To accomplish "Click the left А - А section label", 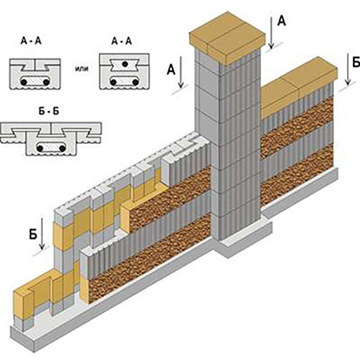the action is (31, 41).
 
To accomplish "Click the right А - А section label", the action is (121, 41).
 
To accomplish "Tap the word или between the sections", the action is (82, 69).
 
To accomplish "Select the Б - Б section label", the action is (49, 111).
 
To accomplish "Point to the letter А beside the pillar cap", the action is (281, 21).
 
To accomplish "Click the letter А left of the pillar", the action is (171, 69).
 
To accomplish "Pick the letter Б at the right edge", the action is (357, 62).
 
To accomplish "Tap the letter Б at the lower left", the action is (33, 234).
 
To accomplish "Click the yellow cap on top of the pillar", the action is (227, 37).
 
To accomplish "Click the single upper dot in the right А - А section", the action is (125, 63).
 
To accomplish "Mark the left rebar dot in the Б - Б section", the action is (40, 148).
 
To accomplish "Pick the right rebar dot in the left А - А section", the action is (46, 82).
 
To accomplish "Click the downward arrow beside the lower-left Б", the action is (43, 233).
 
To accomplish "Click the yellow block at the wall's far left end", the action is (23, 304).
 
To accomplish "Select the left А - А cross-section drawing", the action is (35, 74).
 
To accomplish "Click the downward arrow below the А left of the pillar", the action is (180, 72).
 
